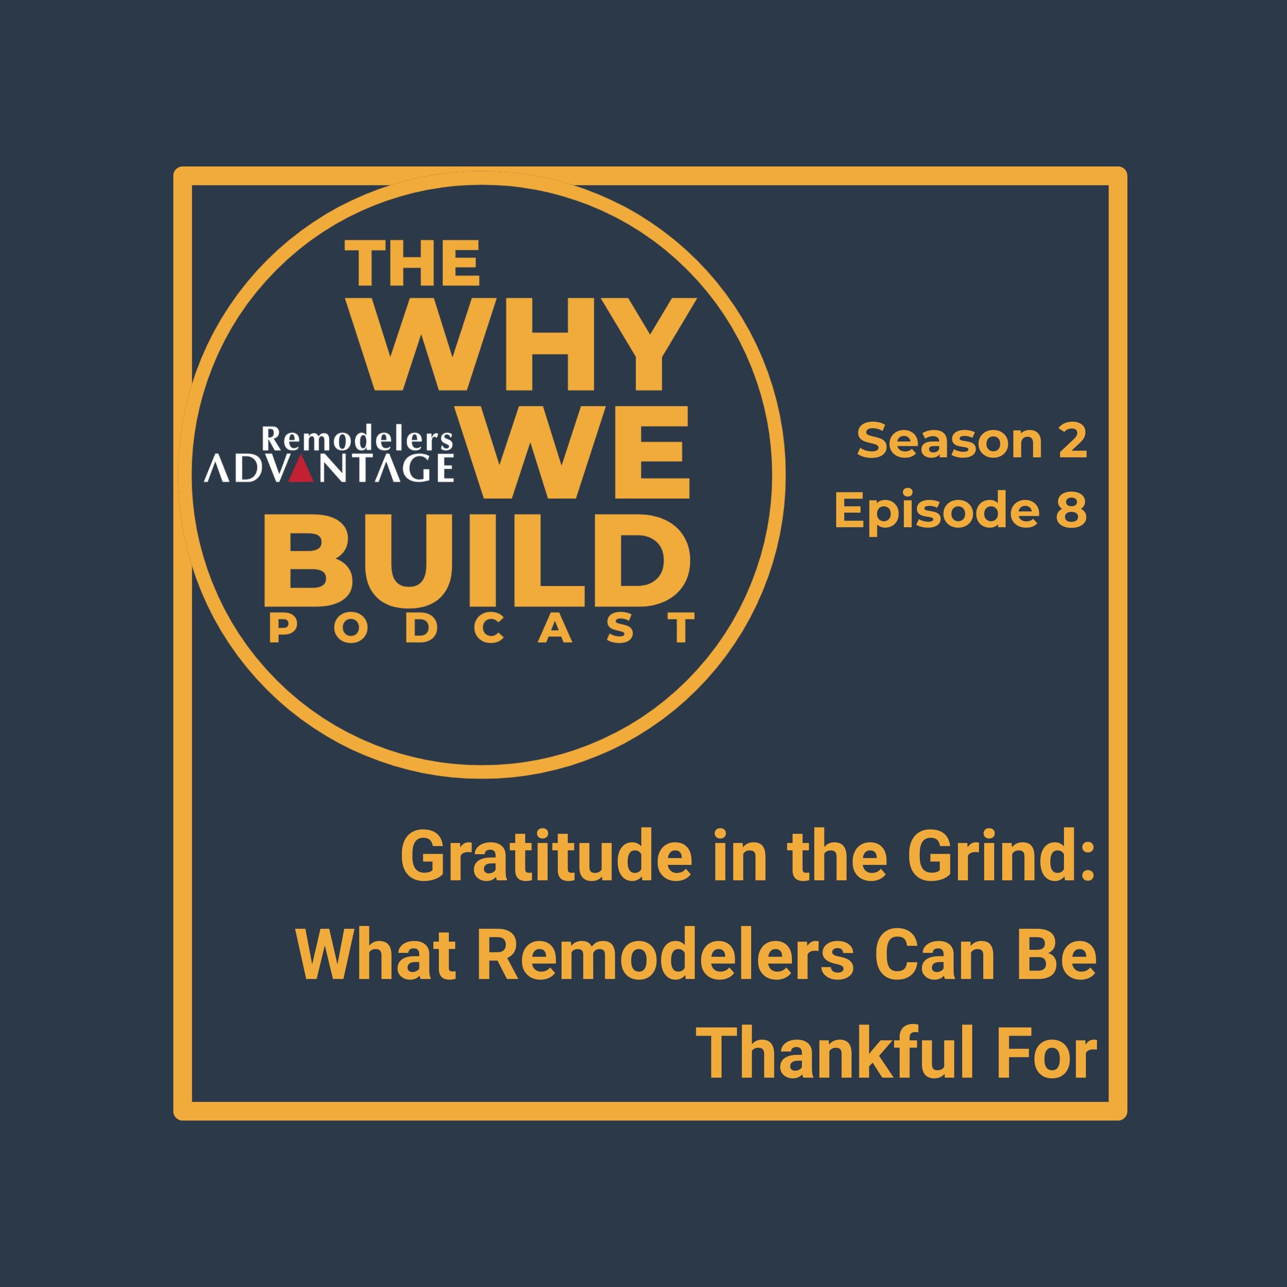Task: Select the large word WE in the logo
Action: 580,453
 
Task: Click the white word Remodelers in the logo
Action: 357,440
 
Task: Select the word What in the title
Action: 376,955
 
